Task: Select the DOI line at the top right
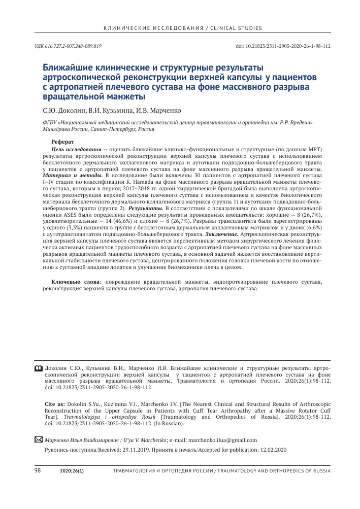283,46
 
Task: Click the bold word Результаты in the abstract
144,208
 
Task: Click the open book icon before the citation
39,366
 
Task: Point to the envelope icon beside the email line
38,439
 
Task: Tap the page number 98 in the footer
37,471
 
